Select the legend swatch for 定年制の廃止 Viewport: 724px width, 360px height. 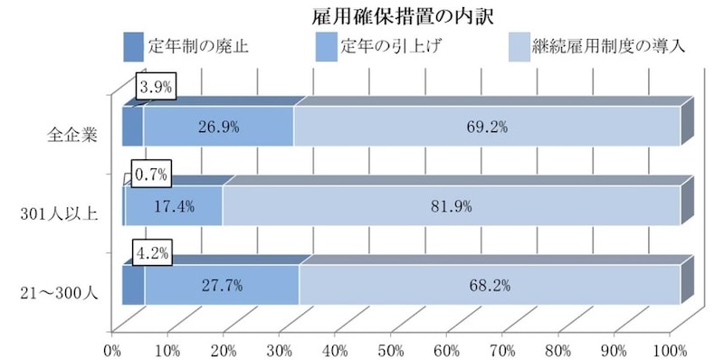(133, 45)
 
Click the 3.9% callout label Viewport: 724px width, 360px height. (155, 88)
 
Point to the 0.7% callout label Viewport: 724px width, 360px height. (152, 170)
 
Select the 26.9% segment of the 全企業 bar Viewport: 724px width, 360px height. (218, 127)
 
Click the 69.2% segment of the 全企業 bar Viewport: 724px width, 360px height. (487, 127)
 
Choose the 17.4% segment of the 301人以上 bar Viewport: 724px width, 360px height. (174, 206)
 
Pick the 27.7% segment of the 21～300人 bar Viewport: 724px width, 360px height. (222, 286)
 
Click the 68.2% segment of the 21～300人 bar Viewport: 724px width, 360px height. (491, 286)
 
